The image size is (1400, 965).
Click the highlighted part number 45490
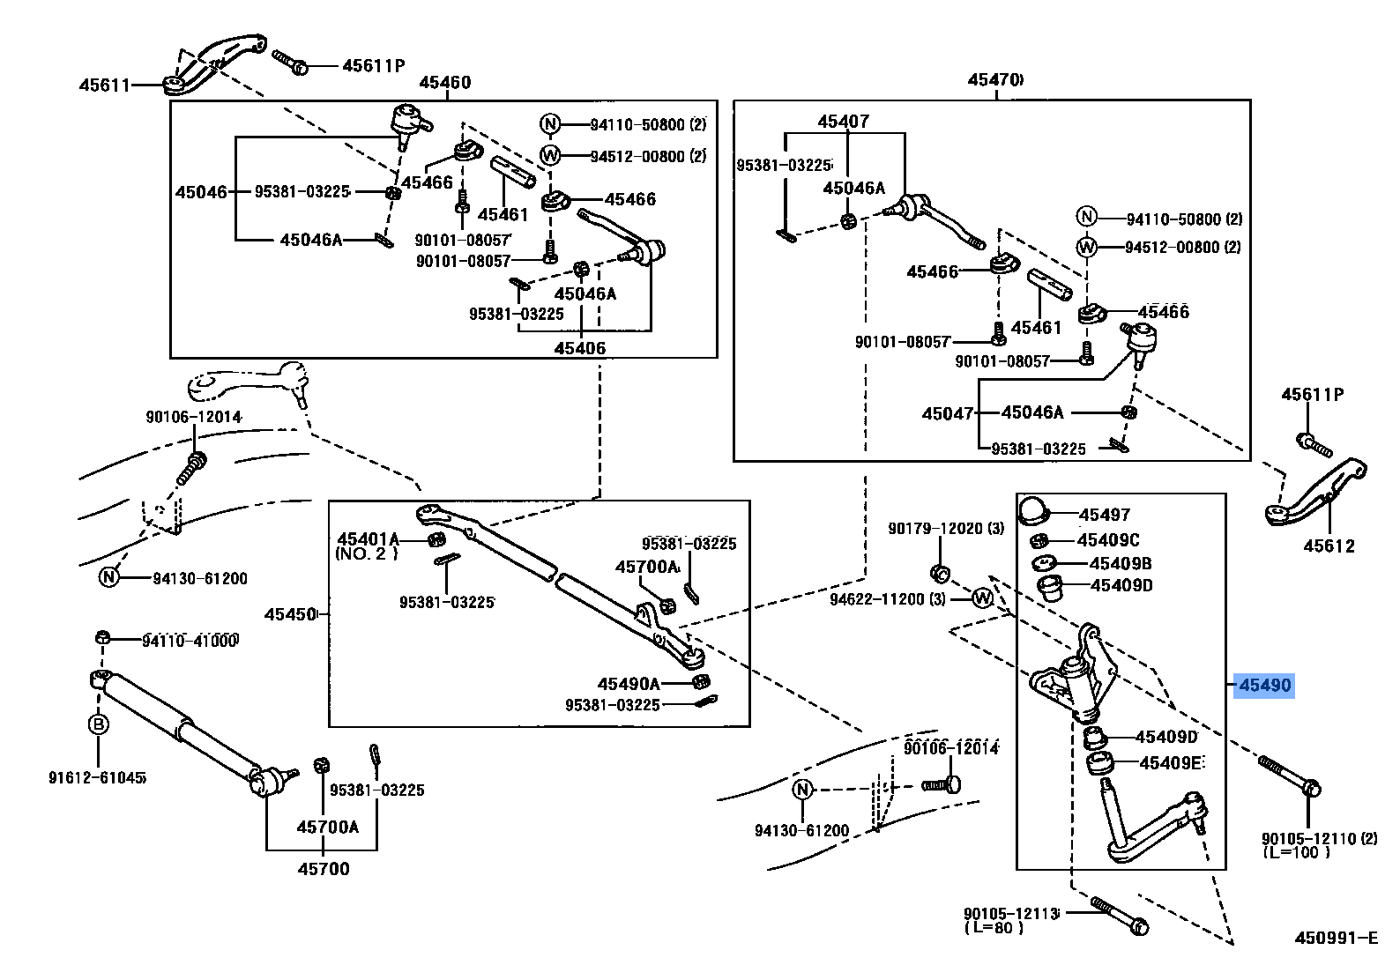[1264, 685]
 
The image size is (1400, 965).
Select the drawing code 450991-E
[1336, 939]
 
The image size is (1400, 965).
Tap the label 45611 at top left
[104, 85]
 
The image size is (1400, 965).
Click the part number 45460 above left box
[444, 82]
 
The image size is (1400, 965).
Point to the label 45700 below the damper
[324, 869]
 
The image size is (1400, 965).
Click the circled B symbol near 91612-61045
[99, 724]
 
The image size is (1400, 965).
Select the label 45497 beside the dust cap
[1104, 515]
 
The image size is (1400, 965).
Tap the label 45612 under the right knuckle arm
[1329, 546]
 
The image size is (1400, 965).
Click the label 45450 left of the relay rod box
[290, 613]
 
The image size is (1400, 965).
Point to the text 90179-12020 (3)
[945, 529]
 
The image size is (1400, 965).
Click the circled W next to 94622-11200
[982, 598]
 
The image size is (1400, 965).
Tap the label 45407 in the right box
[843, 122]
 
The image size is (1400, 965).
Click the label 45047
[947, 413]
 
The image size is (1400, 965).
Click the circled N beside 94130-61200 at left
[108, 577]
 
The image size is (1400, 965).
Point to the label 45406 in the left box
[579, 348]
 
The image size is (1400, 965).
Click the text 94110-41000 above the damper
[190, 641]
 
